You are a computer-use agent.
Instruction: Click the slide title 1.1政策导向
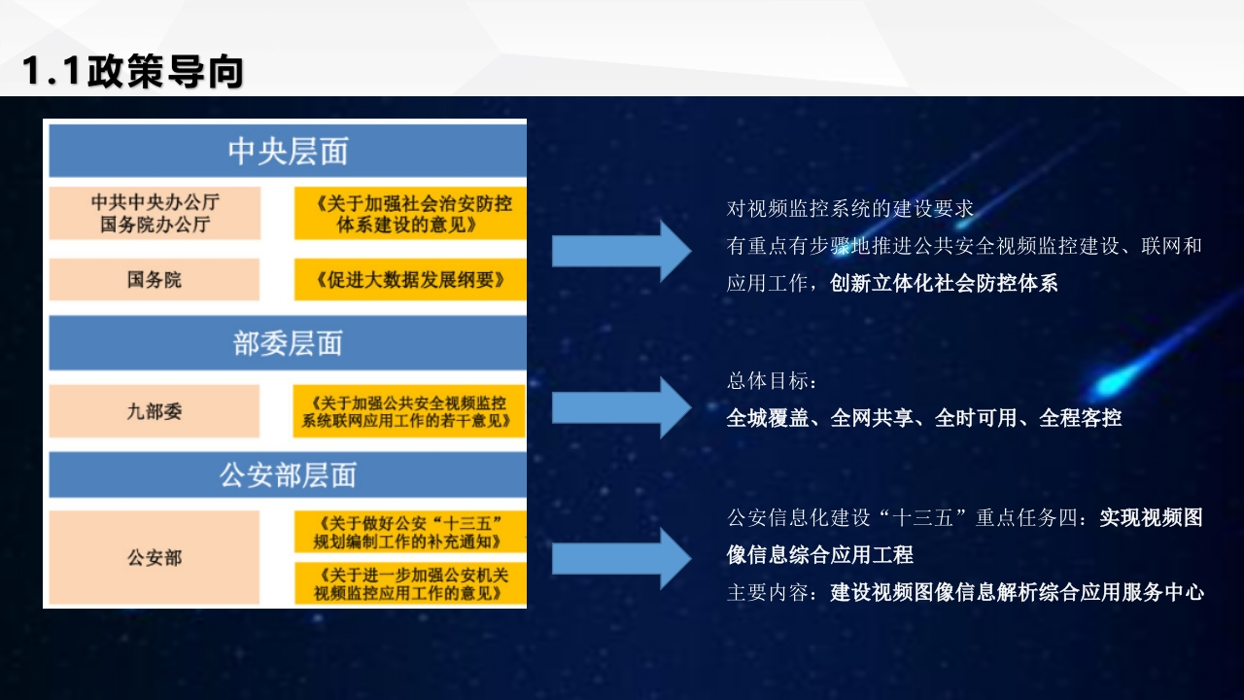(133, 71)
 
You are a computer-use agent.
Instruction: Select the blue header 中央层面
(288, 151)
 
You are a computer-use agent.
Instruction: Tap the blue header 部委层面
(288, 343)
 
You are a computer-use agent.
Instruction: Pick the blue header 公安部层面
(288, 475)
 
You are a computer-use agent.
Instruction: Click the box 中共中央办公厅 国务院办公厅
(155, 213)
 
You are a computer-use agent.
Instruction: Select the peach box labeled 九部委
(155, 411)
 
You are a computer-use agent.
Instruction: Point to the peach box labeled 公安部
(155, 557)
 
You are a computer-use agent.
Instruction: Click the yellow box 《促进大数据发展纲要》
(410, 279)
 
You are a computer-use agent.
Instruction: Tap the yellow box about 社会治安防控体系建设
(410, 213)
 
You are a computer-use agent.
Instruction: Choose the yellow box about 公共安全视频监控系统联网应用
(409, 411)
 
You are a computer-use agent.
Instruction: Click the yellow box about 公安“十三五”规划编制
(410, 532)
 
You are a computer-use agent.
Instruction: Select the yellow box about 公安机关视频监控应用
(410, 583)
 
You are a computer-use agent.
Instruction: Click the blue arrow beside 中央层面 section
(621, 251)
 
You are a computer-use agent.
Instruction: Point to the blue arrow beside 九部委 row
(621, 407)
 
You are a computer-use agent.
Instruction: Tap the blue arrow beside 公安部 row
(621, 558)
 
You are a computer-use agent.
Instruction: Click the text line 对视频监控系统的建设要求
(850, 209)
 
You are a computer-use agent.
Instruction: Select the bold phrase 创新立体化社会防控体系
(944, 283)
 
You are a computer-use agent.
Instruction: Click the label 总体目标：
(772, 381)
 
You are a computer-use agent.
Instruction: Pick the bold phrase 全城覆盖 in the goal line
(768, 418)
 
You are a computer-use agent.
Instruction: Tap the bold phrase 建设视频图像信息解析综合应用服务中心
(1017, 592)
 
